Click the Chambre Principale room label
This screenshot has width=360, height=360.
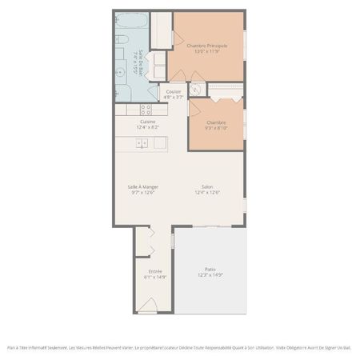coord(206,46)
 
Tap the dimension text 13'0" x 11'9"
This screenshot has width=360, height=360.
coord(206,52)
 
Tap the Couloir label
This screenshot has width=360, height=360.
coord(174,91)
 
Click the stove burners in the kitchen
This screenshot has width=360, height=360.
coord(146,109)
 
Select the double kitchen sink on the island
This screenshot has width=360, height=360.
coord(141,144)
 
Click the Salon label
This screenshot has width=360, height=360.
coord(207,186)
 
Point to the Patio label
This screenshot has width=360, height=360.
coord(210,269)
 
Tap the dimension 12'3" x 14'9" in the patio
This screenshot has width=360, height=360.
coord(210,274)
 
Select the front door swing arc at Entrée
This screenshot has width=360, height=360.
coord(147,306)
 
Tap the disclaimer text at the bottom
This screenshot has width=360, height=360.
coord(179,347)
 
